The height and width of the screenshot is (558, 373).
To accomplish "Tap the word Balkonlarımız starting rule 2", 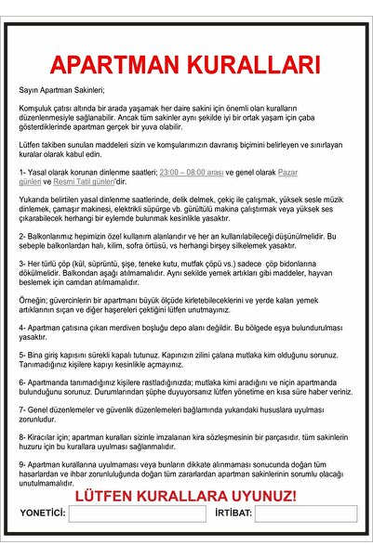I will [54, 237].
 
